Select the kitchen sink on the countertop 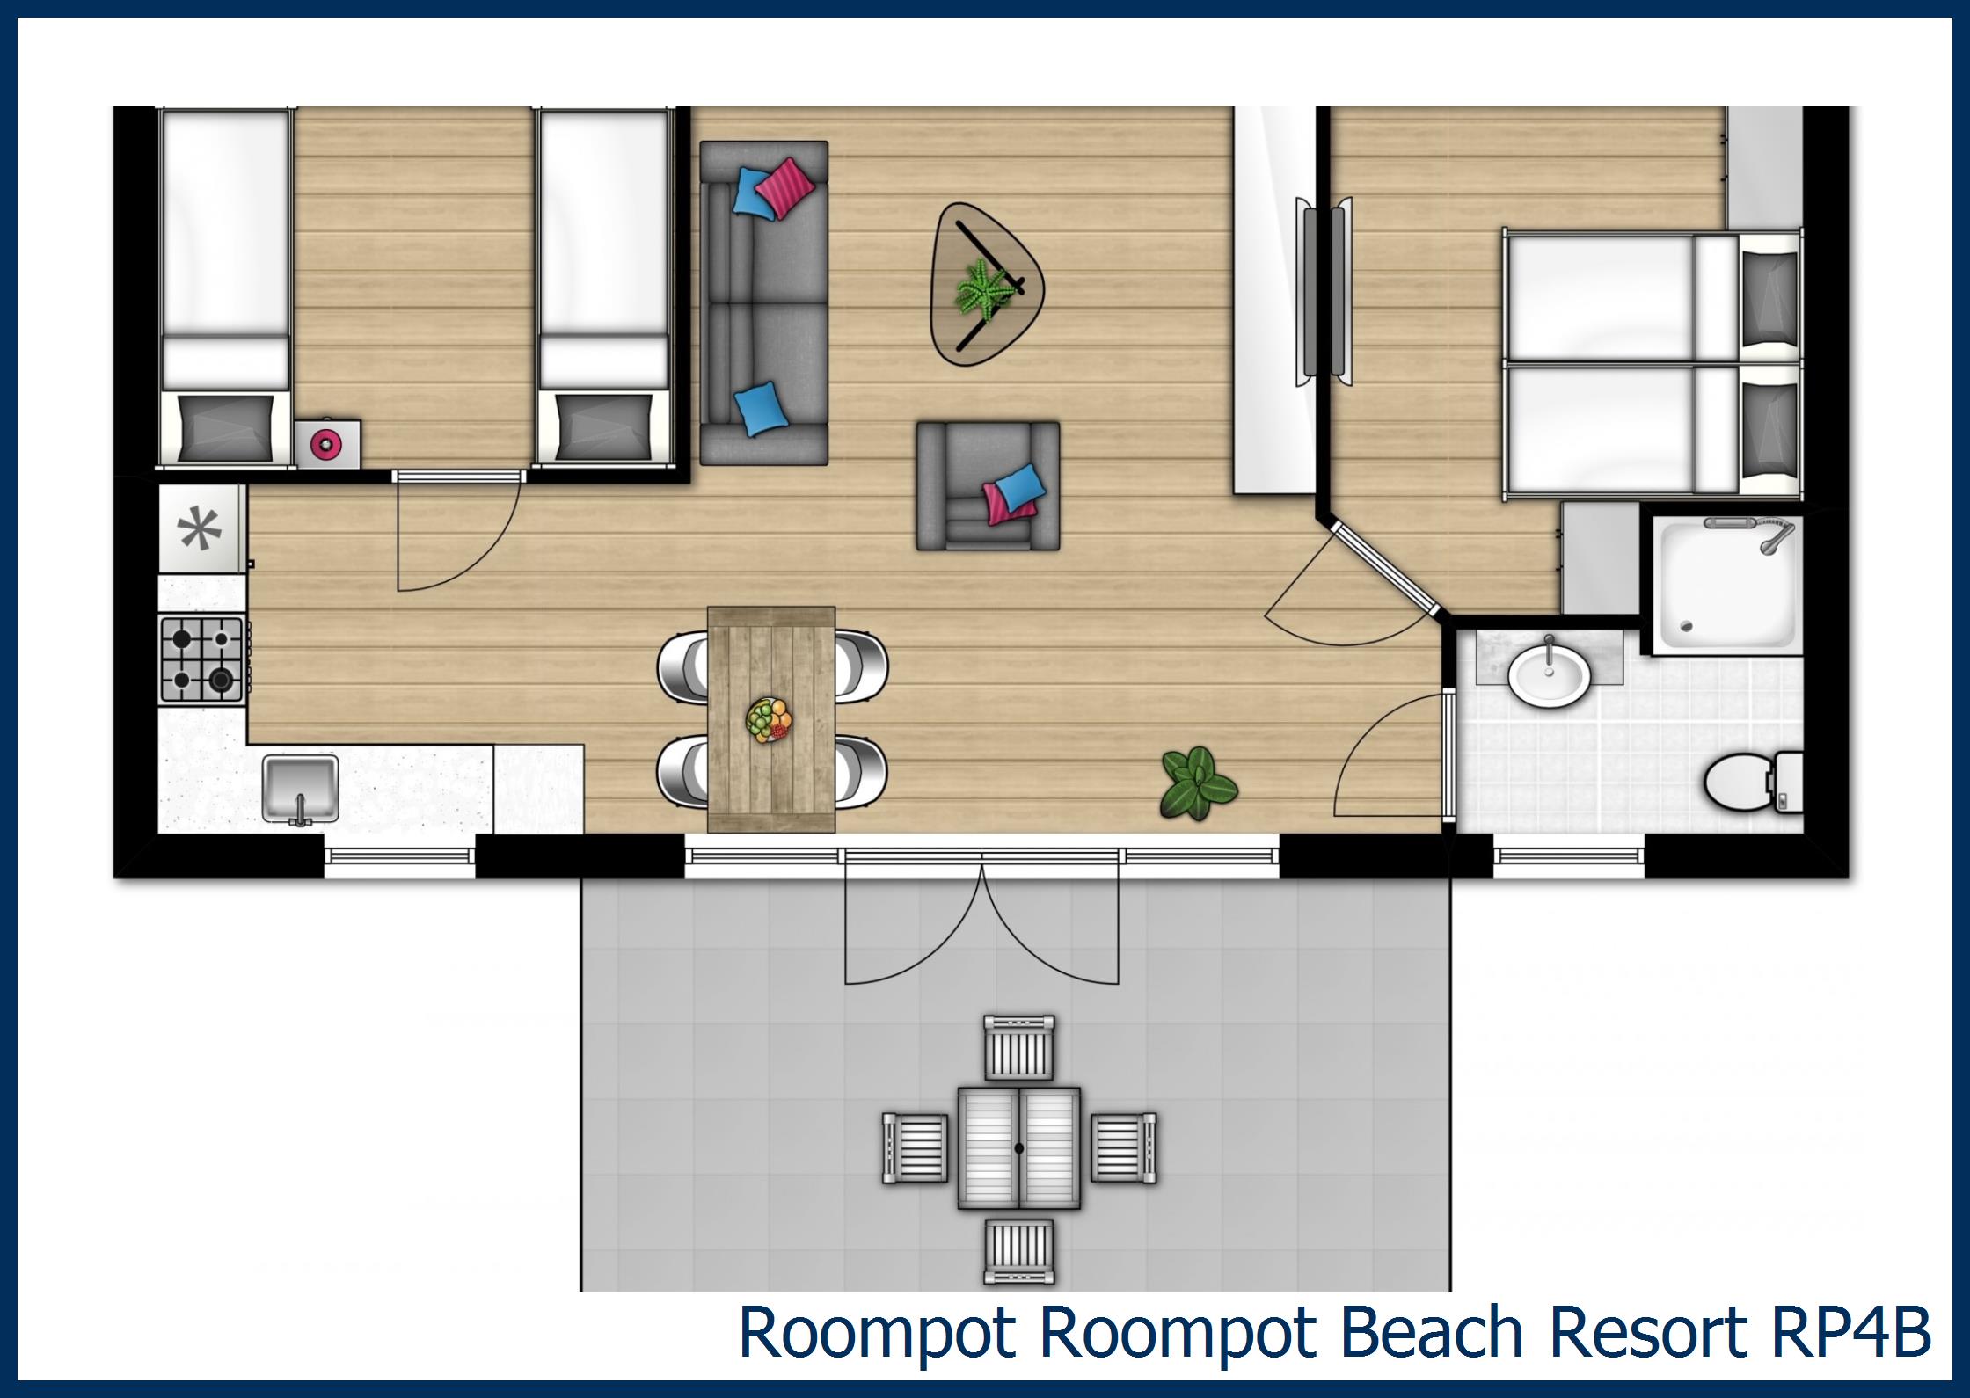[300, 787]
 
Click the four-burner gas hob [201, 659]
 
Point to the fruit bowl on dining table [769, 721]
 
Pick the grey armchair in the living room [988, 485]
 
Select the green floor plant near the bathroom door [1198, 783]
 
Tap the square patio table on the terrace [1018, 1147]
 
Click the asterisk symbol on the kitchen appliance [200, 530]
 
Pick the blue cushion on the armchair [1020, 489]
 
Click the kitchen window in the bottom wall [400, 857]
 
